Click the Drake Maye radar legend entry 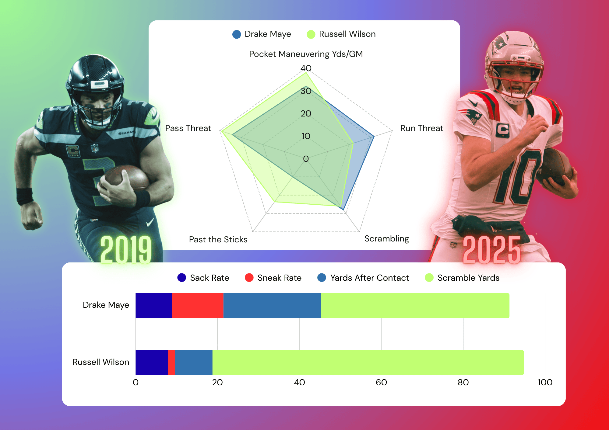click(262, 34)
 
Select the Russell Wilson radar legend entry click(341, 34)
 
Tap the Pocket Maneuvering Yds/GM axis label click(306, 54)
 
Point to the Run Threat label click(421, 128)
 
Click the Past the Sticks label click(218, 240)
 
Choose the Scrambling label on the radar click(386, 239)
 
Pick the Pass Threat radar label click(188, 128)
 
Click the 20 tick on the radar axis click(306, 114)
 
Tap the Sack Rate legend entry click(203, 278)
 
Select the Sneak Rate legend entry click(273, 278)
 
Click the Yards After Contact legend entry click(363, 278)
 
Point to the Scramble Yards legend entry click(462, 278)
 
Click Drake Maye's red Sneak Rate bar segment click(197, 306)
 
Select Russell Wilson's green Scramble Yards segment click(368, 362)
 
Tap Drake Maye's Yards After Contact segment click(272, 306)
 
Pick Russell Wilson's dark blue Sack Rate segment click(151, 362)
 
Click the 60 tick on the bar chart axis click(381, 382)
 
